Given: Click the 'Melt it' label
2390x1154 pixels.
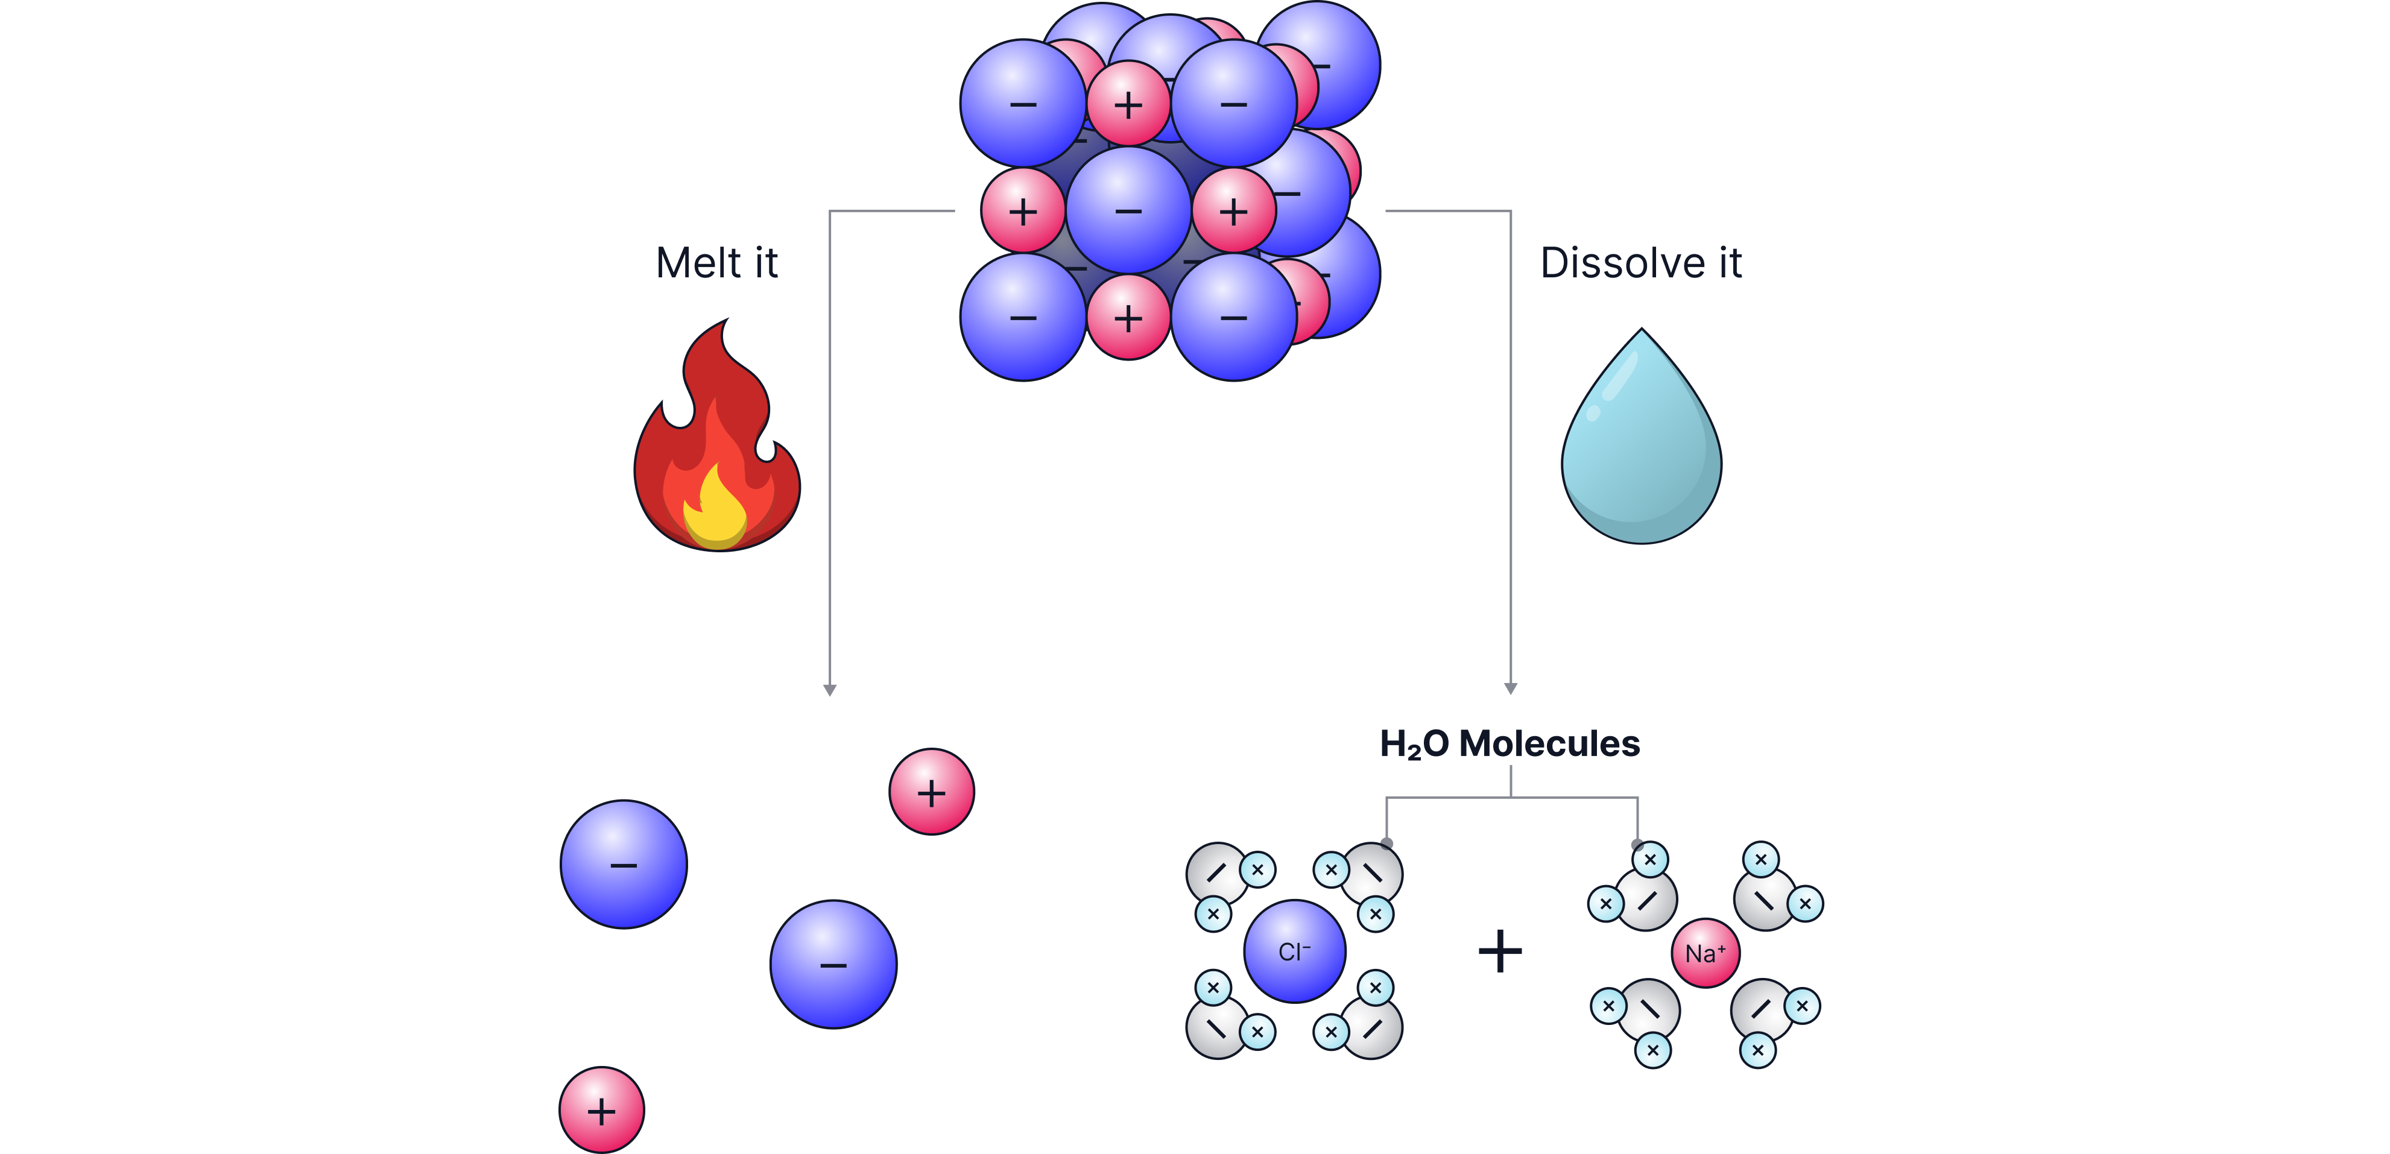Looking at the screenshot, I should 716,263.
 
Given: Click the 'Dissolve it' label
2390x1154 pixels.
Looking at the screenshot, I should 1640,263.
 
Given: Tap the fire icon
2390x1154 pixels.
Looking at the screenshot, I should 716,446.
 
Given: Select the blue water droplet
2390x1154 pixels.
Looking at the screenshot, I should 1641,446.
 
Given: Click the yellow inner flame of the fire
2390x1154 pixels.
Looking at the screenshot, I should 715,513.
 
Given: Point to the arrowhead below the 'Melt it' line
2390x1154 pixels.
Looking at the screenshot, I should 829,689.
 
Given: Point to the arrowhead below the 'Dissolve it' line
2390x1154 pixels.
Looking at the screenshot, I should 1511,689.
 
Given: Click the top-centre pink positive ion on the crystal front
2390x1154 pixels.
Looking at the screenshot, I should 1128,104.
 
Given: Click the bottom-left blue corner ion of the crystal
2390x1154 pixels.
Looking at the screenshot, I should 1022,317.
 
